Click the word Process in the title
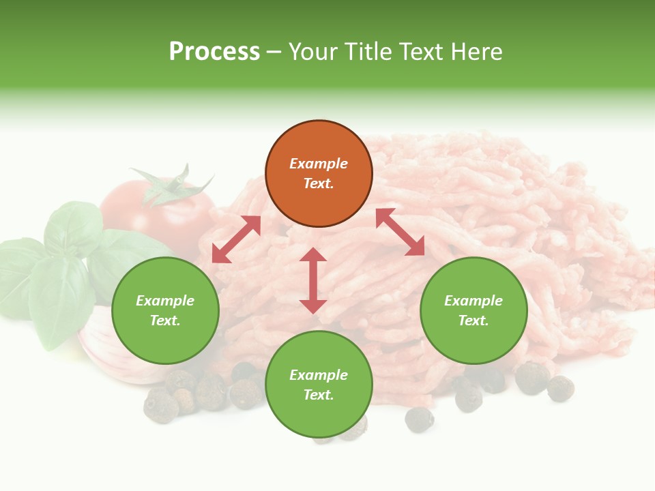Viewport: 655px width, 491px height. (x=214, y=52)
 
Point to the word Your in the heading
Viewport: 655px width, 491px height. (x=313, y=52)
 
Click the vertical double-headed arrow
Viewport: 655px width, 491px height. (x=313, y=281)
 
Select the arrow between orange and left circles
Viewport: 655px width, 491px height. (x=236, y=239)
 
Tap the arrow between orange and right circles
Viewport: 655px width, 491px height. (x=401, y=233)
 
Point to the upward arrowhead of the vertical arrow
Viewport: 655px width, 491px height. (x=313, y=254)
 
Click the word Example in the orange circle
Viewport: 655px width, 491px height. (x=319, y=164)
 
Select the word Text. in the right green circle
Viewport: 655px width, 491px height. (x=474, y=321)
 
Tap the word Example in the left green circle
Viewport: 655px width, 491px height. (x=165, y=301)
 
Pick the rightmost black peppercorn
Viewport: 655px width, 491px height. (x=561, y=388)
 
